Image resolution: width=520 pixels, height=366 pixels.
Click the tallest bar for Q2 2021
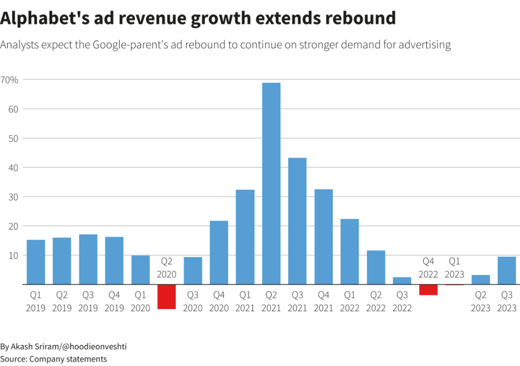[272, 183]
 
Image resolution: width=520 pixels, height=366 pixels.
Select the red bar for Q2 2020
[167, 297]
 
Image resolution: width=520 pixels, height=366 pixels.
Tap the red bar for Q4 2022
[428, 290]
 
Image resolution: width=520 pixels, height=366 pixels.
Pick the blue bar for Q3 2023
[507, 271]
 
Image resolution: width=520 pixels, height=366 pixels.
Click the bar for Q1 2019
[36, 262]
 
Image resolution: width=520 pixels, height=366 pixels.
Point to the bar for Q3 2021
[298, 221]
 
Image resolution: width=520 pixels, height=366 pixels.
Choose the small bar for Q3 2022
[402, 281]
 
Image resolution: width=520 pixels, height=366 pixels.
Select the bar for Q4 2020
[219, 252]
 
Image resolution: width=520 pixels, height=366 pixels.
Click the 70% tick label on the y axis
[9, 79]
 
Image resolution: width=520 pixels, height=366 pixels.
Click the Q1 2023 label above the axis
[455, 268]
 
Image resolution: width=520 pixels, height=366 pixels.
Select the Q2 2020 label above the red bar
[167, 268]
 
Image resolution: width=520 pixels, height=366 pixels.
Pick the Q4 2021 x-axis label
[324, 301]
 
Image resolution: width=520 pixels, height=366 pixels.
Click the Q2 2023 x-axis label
[481, 301]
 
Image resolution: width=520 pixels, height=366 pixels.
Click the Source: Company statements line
[53, 359]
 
